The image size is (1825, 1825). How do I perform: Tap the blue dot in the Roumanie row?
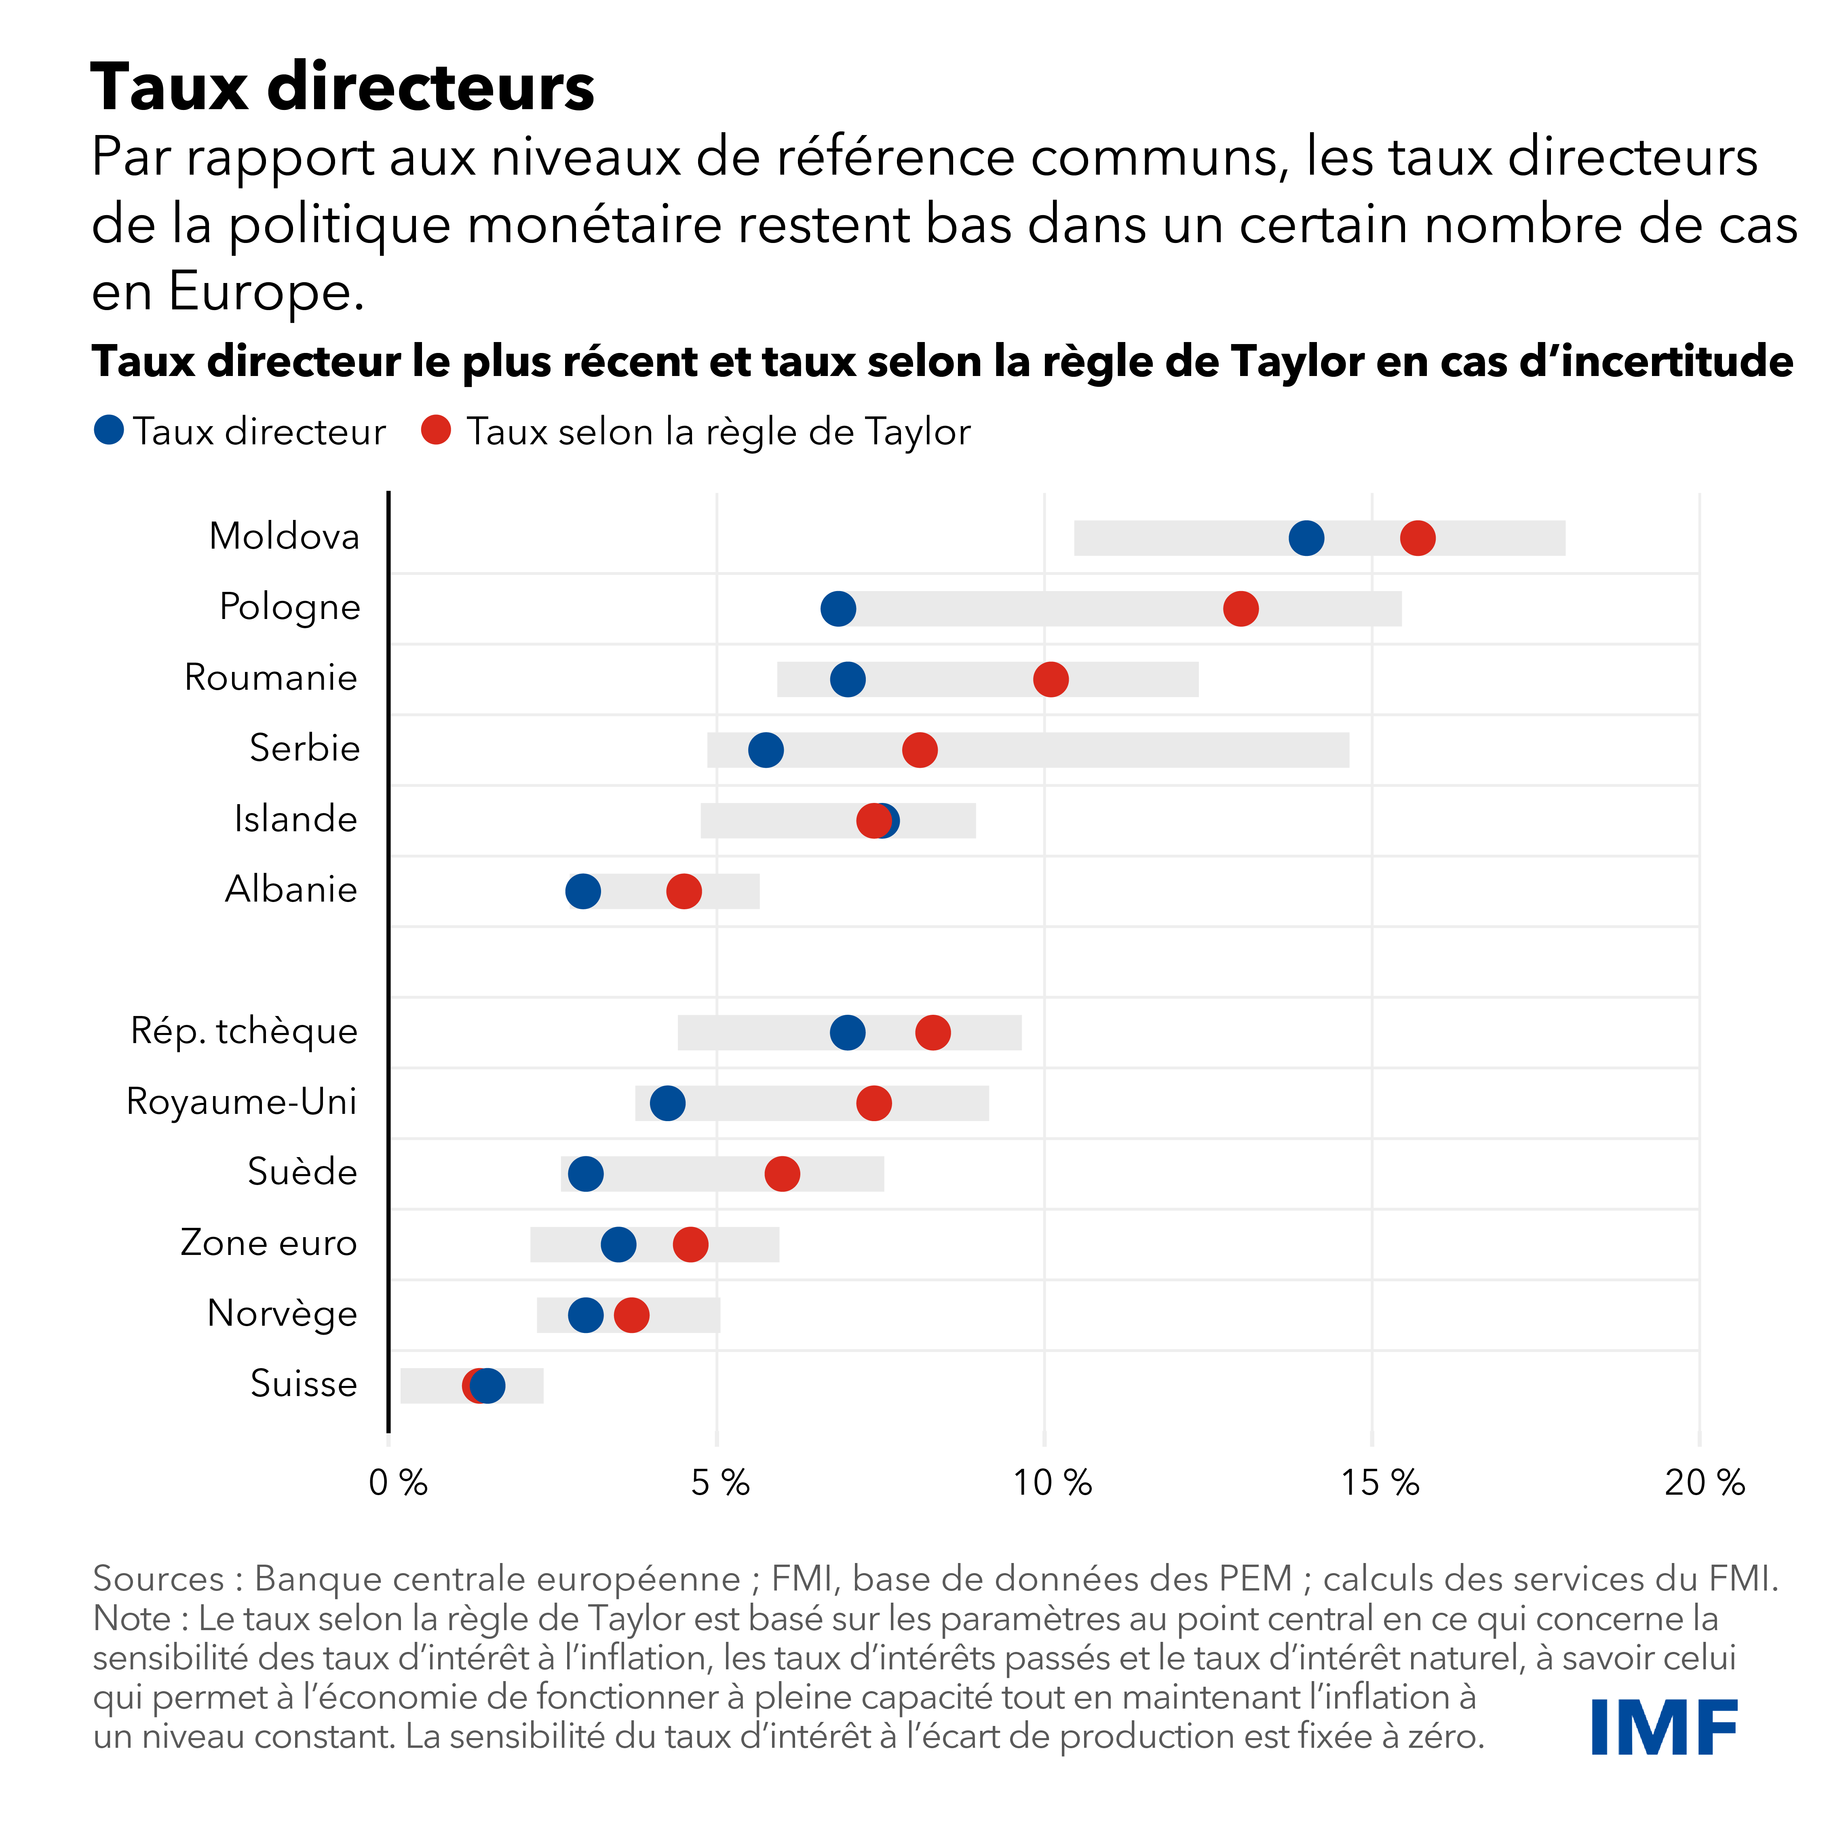[x=847, y=679]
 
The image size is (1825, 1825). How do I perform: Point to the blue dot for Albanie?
[x=583, y=891]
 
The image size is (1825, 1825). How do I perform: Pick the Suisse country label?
[x=303, y=1384]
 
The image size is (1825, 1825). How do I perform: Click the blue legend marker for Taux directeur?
[x=110, y=431]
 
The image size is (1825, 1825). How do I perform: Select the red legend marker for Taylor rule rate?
[x=435, y=431]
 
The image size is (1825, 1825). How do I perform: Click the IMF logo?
[x=1665, y=1727]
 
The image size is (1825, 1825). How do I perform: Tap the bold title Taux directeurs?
[x=342, y=87]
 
